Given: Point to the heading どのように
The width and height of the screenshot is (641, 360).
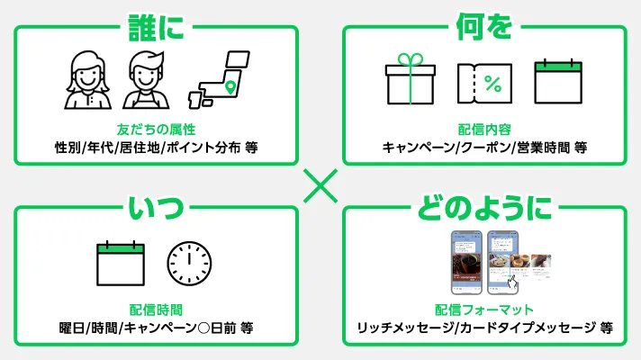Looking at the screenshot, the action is point(483,209).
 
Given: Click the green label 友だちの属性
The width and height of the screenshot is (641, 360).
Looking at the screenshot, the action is point(156,129).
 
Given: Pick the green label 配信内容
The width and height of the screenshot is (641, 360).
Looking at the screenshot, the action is point(484,129).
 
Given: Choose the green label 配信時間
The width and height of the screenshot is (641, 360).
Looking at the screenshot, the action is point(156,310).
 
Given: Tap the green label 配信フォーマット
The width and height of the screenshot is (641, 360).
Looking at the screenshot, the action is point(484,310).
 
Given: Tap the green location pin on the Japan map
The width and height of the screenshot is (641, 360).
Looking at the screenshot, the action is point(230,87).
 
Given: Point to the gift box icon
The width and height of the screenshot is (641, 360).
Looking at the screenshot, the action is point(411,81).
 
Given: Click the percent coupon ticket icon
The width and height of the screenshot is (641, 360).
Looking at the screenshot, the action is point(484,84).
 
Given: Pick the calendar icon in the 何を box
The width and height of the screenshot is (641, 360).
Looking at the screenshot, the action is point(558,82).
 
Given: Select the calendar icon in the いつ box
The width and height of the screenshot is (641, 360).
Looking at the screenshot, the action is point(120,261).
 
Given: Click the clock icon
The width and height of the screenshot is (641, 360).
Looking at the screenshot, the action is point(189,262).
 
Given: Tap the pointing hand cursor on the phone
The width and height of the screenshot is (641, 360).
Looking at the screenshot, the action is point(511,282).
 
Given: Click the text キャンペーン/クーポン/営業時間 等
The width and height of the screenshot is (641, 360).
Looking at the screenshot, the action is point(484,147).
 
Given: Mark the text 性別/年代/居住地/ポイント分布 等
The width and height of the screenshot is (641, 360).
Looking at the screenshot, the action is point(156,147).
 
